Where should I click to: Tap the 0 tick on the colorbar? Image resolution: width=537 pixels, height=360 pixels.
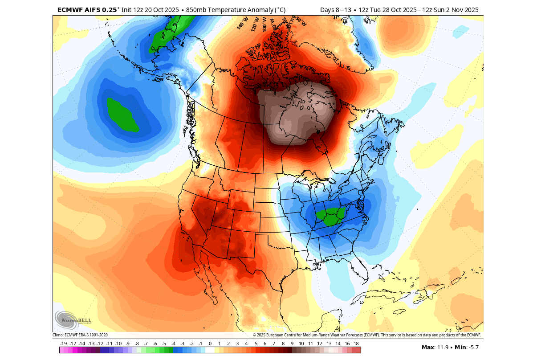tap(210, 344)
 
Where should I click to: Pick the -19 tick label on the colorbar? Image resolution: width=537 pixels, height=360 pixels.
tap(63, 344)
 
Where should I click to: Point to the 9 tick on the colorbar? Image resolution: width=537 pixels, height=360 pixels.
tap(292, 344)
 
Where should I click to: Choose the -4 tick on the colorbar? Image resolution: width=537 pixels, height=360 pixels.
tap(173, 344)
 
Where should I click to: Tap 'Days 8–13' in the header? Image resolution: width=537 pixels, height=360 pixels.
tap(335, 10)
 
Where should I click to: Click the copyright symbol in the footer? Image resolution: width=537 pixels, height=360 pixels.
tap(254, 335)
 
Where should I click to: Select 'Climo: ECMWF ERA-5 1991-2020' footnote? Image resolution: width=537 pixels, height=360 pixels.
tap(80, 335)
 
